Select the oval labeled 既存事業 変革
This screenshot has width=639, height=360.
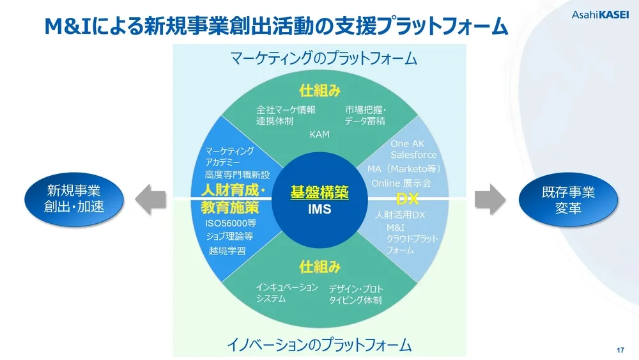(567, 199)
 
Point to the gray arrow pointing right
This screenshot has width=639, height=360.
(489, 199)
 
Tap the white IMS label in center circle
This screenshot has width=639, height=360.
(319, 209)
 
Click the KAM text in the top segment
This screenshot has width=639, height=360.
(319, 134)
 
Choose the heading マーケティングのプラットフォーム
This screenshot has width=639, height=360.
(323, 59)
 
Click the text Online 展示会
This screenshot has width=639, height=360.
(401, 183)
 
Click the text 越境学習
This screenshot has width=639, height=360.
(227, 251)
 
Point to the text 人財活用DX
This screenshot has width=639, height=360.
(400, 214)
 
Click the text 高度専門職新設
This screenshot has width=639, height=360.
(237, 175)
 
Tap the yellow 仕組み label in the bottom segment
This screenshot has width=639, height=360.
(319, 265)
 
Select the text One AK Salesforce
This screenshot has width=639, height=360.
(413, 150)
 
